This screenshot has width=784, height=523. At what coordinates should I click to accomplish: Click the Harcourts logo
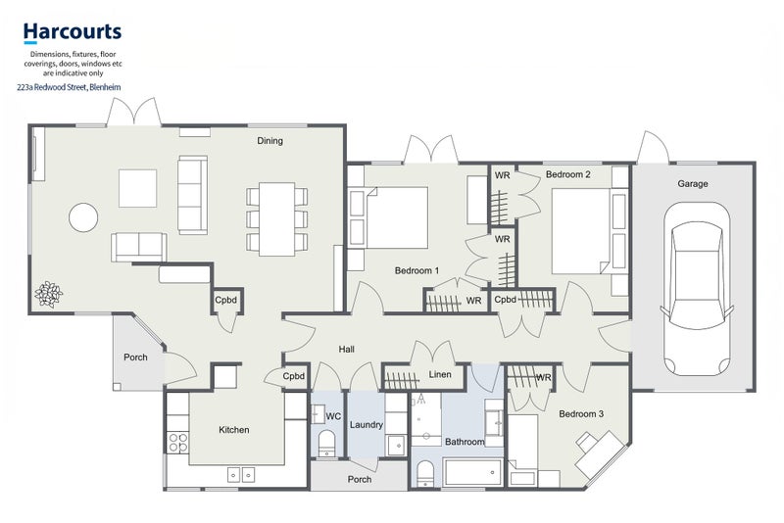click(x=73, y=33)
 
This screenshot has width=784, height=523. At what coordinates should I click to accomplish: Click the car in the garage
click(x=697, y=289)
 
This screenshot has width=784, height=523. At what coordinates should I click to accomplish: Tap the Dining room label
click(x=270, y=141)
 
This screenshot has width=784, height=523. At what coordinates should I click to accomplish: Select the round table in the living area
click(x=83, y=217)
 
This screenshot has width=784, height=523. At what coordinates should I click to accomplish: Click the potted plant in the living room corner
click(x=48, y=294)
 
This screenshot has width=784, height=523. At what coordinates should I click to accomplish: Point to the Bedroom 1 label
click(x=416, y=270)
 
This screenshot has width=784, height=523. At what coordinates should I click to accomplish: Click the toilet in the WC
click(x=327, y=443)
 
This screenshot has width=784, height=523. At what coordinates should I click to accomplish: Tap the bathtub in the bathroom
click(x=472, y=472)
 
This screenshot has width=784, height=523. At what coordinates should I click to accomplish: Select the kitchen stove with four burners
click(x=178, y=442)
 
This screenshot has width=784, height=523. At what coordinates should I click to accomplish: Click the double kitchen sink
click(x=241, y=475)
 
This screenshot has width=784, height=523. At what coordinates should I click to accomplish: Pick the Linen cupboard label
click(x=440, y=374)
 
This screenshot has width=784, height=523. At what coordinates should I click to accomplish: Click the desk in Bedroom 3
click(x=599, y=454)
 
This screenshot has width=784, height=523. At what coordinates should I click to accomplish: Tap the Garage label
click(x=693, y=184)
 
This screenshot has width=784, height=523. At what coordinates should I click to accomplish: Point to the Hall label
click(x=347, y=350)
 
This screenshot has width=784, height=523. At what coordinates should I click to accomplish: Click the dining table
click(x=276, y=219)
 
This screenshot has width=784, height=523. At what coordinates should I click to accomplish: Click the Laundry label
click(x=366, y=425)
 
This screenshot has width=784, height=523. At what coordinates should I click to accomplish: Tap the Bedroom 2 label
click(x=568, y=174)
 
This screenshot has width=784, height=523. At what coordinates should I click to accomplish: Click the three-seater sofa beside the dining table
click(x=192, y=195)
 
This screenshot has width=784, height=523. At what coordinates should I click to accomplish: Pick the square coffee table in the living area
click(x=137, y=188)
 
